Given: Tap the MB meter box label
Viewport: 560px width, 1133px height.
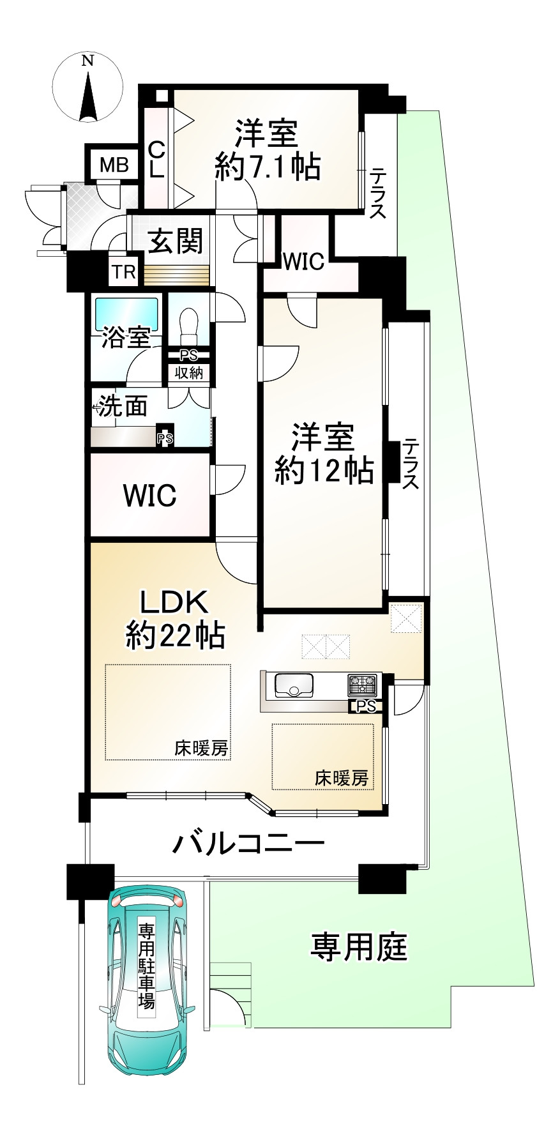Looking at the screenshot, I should coord(114,165).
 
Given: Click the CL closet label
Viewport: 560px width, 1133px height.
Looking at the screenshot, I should coord(156,160).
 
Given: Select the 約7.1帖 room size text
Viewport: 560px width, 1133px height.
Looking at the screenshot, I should coord(268,167).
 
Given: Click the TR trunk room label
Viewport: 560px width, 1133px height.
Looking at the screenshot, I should coord(125,272).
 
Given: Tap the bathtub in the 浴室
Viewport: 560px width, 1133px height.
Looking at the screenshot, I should coord(126,313).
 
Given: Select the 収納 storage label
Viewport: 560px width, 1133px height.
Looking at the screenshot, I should coord(188,372).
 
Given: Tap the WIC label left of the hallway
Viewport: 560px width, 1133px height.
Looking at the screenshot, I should coord(149,495).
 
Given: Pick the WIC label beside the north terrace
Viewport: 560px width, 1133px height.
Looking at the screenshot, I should coord(304,261).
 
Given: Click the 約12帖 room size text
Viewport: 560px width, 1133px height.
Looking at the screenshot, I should coord(324,471).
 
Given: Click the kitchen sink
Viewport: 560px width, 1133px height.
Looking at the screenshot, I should coord(294,685).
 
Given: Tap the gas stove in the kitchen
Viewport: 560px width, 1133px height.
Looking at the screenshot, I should coord(363,685).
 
